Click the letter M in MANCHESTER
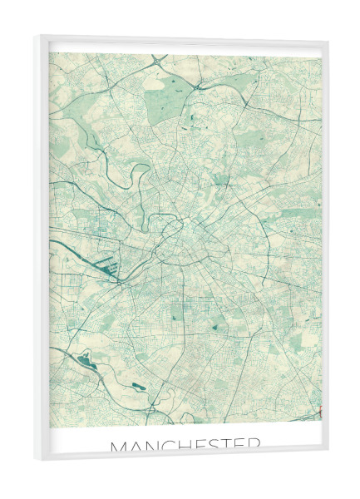pyautogui.click(x=119, y=447)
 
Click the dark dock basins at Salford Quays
pyautogui.click(x=110, y=268)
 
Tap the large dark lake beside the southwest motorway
pyautogui.click(x=86, y=360)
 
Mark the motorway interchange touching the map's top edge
pyautogui.click(x=158, y=59)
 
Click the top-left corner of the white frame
pyautogui.click(x=35, y=36)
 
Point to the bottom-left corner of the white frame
pyautogui.click(x=35, y=460)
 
